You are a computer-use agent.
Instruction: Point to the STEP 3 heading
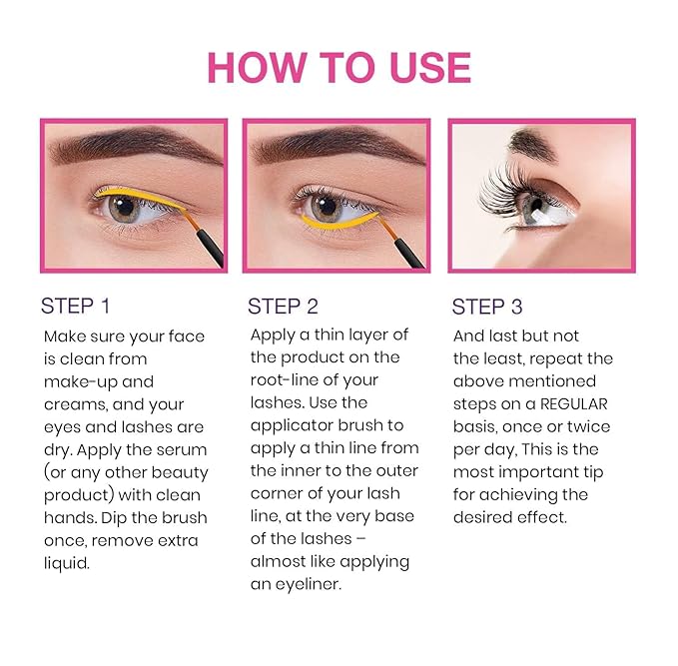[487, 306]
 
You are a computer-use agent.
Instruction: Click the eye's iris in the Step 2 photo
[325, 207]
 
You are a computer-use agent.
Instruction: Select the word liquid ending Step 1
[66, 563]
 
